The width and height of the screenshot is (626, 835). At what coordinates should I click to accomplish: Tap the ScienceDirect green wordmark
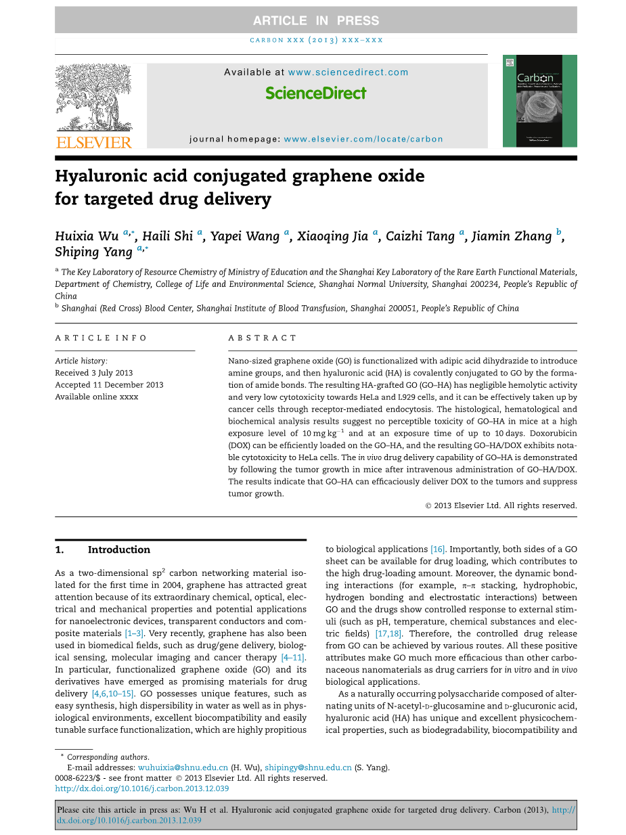[316, 93]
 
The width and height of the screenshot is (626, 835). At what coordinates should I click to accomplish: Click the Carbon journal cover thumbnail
[539, 101]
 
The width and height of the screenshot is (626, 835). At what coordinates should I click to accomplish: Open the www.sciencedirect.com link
[348, 72]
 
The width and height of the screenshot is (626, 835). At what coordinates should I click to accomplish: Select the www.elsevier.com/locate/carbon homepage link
[363, 139]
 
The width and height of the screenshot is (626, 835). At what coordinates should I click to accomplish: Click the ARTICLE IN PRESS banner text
[315, 20]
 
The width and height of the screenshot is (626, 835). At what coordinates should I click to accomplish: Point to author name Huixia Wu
[86, 236]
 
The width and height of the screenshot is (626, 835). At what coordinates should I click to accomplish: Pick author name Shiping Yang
[94, 252]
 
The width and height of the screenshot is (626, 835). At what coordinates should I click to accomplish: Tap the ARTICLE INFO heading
[101, 338]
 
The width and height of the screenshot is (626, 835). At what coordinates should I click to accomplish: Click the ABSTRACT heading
[263, 338]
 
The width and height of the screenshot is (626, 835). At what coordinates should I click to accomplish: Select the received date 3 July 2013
[93, 373]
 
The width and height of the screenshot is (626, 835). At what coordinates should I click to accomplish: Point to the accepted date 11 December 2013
[109, 385]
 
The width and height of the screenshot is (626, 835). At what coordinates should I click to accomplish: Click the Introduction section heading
[118, 550]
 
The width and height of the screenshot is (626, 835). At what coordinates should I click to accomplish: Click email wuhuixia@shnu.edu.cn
[183, 768]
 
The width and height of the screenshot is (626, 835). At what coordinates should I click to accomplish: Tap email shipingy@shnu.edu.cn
[308, 768]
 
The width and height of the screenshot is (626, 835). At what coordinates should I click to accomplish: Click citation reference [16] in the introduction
[438, 549]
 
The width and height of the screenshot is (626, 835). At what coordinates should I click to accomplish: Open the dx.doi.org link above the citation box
[141, 788]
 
